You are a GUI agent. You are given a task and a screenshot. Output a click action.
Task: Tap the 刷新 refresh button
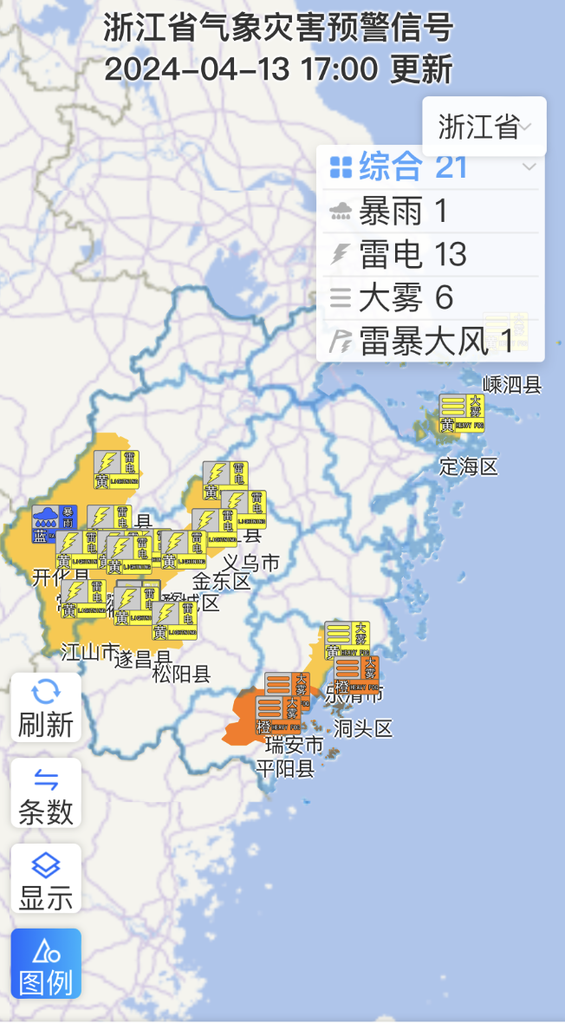click(46, 707)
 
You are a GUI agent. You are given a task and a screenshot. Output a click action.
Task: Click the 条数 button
click(46, 793)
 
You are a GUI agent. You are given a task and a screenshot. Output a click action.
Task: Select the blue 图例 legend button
click(46, 963)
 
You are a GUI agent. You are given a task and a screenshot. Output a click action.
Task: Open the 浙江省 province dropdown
click(484, 127)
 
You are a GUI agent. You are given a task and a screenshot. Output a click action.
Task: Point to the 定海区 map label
click(469, 466)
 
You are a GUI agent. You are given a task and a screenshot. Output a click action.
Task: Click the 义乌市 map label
click(250, 563)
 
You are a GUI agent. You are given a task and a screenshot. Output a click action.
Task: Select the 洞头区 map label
click(364, 728)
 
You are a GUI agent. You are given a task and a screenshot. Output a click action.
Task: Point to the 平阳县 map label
click(284, 767)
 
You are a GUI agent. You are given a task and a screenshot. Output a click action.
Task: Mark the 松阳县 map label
click(181, 674)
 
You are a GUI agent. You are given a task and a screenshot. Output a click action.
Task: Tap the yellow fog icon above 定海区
click(461, 414)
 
